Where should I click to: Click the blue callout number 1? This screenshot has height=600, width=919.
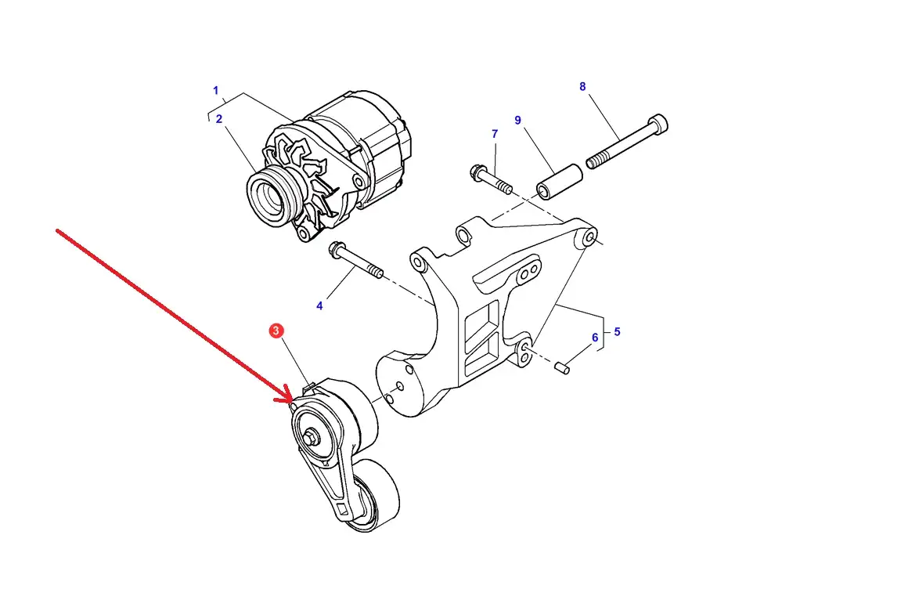coord(216,91)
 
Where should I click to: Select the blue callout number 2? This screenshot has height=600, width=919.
coord(219,119)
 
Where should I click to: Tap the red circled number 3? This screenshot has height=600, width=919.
coord(276,331)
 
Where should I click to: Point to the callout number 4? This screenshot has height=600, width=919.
coord(319,305)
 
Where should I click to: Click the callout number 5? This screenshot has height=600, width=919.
coord(617,332)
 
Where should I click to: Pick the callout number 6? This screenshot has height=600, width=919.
coord(595,338)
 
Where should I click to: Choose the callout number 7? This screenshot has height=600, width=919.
coord(495,134)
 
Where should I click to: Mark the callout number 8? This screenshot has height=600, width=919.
coord(582,87)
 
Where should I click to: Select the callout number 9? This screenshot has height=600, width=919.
coord(517,120)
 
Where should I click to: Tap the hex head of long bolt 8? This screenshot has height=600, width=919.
coord(659,124)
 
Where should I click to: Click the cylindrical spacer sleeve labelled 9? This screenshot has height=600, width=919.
coord(560,183)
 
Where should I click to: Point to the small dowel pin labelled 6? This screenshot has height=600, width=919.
coord(562,367)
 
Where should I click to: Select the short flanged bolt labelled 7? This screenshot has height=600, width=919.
coord(491,179)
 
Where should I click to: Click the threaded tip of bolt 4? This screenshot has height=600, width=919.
coord(376,271)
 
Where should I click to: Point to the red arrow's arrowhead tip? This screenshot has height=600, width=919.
coord(294,403)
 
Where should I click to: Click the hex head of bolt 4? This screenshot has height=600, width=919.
coord(337,250)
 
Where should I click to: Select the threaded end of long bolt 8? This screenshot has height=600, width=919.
coord(596,160)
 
